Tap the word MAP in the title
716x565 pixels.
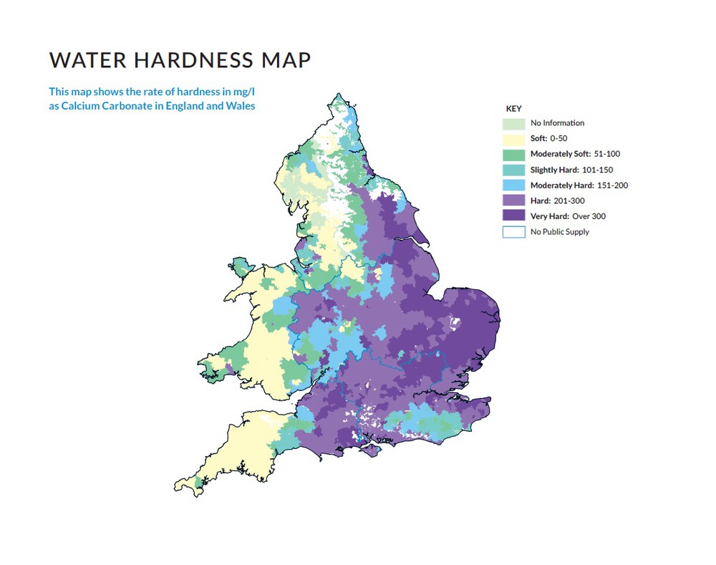[285, 60]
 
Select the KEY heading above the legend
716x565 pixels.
[514, 109]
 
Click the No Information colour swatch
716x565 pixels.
[514, 123]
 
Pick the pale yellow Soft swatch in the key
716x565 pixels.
[514, 139]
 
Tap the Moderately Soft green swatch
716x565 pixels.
[514, 154]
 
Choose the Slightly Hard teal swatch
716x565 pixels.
[514, 170]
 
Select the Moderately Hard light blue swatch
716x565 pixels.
[514, 185]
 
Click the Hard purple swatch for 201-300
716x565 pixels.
[514, 201]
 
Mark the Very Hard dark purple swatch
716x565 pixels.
[514, 216]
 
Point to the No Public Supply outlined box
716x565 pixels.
[514, 232]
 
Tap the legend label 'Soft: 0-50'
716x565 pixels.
[548, 139]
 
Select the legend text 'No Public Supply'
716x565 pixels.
[560, 232]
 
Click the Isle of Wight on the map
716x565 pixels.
[370, 448]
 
